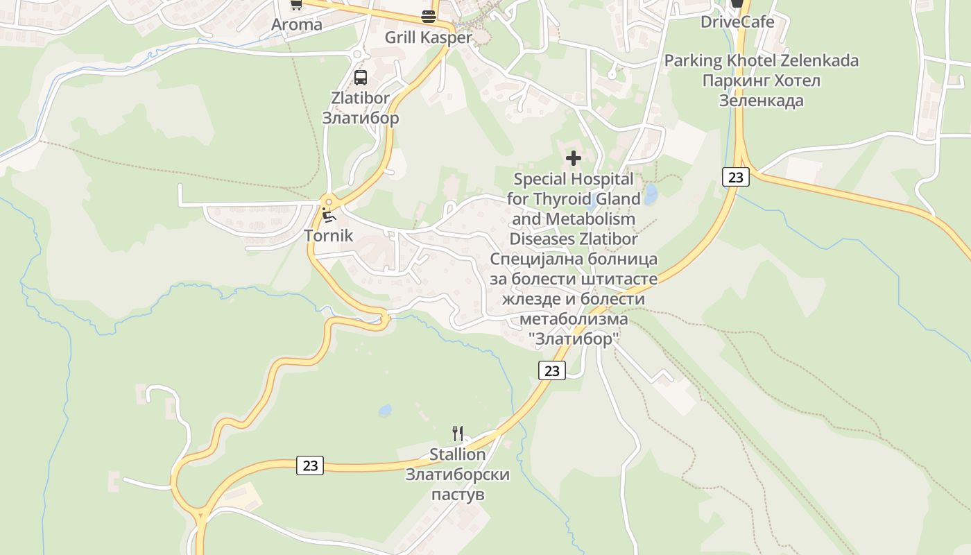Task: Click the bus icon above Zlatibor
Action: [x=360, y=77]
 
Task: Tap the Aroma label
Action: [x=296, y=25]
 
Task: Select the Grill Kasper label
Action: [x=428, y=37]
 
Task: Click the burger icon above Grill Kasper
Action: [x=429, y=17]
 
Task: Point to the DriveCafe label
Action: [x=737, y=22]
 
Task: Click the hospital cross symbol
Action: [x=574, y=158]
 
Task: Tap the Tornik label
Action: [x=329, y=235]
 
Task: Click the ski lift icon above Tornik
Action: [x=329, y=215]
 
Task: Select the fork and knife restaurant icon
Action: [x=457, y=434]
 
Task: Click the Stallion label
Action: [x=457, y=454]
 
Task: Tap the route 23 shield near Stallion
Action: [x=310, y=466]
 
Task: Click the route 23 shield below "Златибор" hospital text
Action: [x=551, y=370]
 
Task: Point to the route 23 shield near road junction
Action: [x=735, y=177]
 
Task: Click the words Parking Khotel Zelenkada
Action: [x=761, y=60]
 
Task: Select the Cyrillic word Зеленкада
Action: [x=761, y=101]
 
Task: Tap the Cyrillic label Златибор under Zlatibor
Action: [x=360, y=118]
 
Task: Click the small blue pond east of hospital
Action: [x=650, y=195]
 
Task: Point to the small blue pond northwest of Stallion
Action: [x=385, y=411]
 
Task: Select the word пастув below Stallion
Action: [x=457, y=495]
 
